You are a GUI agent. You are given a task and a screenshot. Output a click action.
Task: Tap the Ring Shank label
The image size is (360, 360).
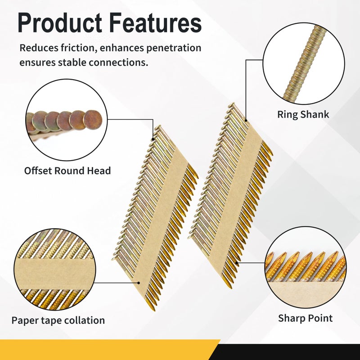303,115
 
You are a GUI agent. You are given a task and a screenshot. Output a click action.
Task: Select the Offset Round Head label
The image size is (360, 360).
67,171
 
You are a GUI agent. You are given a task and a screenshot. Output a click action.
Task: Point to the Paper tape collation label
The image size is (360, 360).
58,320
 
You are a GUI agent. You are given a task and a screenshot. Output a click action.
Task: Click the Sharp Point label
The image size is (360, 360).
305,318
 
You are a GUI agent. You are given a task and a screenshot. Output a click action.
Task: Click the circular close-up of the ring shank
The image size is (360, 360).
304,63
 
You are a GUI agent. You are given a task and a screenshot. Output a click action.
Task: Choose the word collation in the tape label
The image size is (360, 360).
84,320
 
